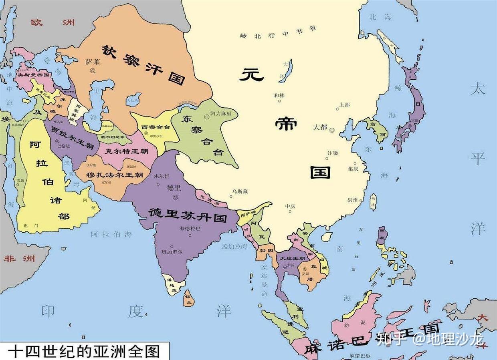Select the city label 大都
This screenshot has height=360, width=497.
[x=320, y=127]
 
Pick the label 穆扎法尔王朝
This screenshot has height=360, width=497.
[x=115, y=175]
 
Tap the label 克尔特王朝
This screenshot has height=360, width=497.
[x=126, y=151]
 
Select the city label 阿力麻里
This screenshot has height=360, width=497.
[x=221, y=113]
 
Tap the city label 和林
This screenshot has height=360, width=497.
[x=279, y=95]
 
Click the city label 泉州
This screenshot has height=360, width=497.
[x=352, y=200]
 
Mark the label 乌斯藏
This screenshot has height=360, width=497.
[x=239, y=191]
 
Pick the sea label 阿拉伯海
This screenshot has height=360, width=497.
[x=111, y=234]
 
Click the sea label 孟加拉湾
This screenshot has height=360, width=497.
[x=234, y=247]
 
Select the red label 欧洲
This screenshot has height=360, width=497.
[x=53, y=22]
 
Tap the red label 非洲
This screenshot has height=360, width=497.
[x=19, y=258]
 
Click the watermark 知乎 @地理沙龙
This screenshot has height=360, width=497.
[x=430, y=339]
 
